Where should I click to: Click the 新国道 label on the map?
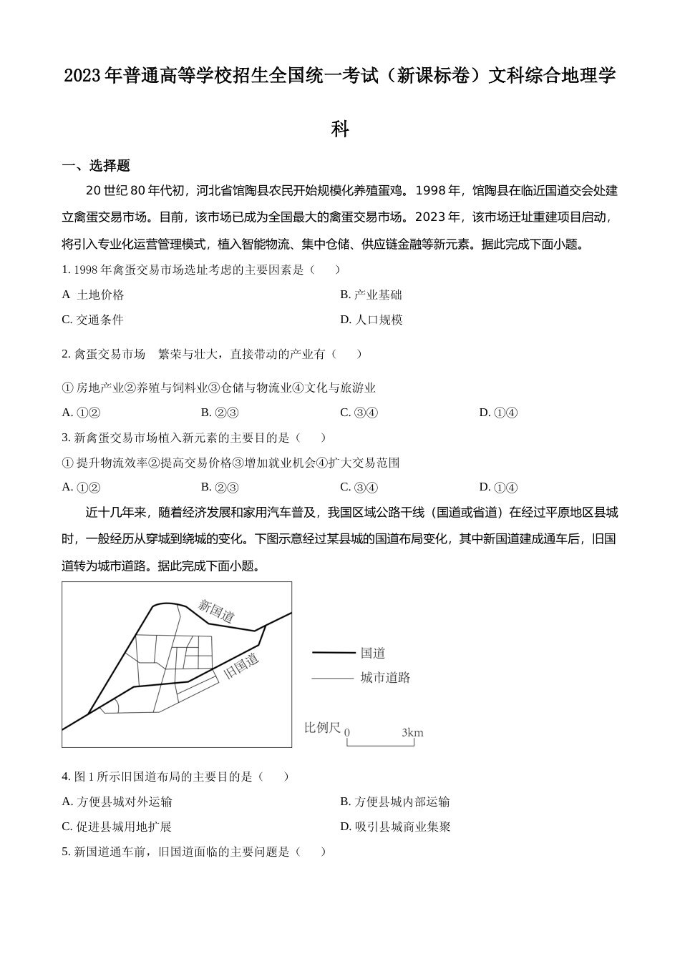click(x=216, y=611)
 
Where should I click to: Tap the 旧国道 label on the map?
click(x=241, y=666)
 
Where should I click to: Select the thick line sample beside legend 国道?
click(x=334, y=653)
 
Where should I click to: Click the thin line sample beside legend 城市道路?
click(x=334, y=678)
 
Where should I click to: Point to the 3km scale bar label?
click(x=412, y=732)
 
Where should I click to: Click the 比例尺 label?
click(x=322, y=728)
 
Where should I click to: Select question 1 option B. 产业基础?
click(x=371, y=295)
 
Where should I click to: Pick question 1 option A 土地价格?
click(x=93, y=295)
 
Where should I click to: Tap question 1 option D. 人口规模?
click(x=371, y=320)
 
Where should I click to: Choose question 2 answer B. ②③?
click(x=219, y=413)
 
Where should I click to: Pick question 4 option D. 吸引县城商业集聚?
click(x=395, y=827)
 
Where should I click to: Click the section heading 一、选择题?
click(x=96, y=166)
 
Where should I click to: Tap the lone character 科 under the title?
click(x=340, y=129)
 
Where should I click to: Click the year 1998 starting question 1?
click(x=86, y=270)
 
